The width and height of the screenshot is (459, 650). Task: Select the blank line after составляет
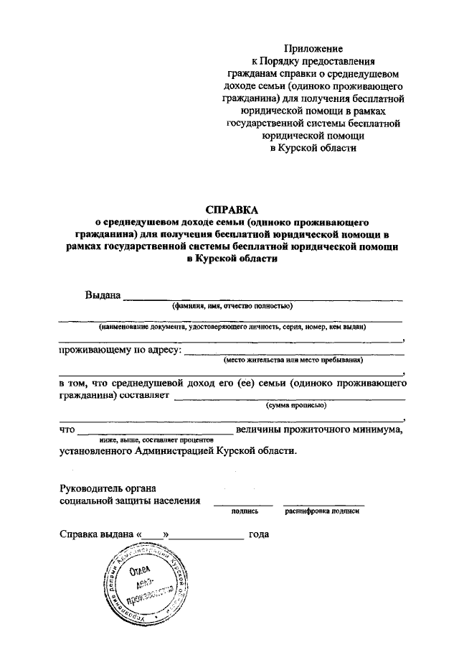(290, 397)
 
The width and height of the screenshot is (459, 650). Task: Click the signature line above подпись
(243, 504)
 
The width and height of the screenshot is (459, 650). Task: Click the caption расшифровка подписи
(322, 512)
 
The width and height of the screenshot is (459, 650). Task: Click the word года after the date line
(258, 535)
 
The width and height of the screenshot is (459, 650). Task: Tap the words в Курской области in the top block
(313, 148)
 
